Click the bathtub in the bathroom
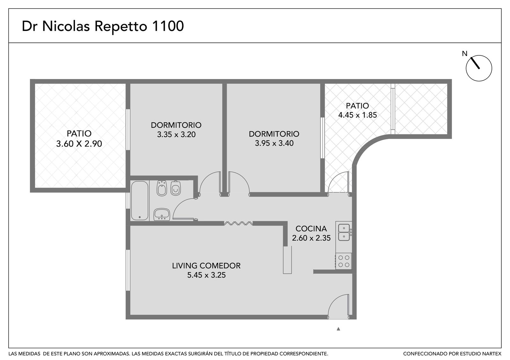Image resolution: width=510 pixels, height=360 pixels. pos(140,200)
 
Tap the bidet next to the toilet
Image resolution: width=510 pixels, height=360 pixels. pos(162,188)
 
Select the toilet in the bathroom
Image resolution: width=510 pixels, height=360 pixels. pos(176,188)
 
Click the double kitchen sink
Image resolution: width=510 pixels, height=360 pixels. pos(344,232)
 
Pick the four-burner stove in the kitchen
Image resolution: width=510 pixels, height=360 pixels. pos(344,261)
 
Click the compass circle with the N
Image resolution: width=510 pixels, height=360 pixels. pos(479,68)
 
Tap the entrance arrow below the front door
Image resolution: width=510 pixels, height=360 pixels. pos(338,329)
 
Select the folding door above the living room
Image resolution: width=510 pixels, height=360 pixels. pos(238,223)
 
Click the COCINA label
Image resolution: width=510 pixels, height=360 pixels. pos(311,228)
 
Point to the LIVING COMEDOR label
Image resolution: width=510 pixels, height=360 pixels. pos(206,266)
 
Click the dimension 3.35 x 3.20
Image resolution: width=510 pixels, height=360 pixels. pos(176,134)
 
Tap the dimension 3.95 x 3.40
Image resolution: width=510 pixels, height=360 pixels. pos(274,143)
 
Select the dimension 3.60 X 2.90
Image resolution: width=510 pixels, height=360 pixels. pos(79,144)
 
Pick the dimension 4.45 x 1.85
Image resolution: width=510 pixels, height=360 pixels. pos(357,115)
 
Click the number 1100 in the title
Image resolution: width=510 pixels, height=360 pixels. pos(167,26)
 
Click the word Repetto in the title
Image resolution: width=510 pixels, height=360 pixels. pos(121,26)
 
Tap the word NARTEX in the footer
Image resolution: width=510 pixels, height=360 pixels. pos(492,354)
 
